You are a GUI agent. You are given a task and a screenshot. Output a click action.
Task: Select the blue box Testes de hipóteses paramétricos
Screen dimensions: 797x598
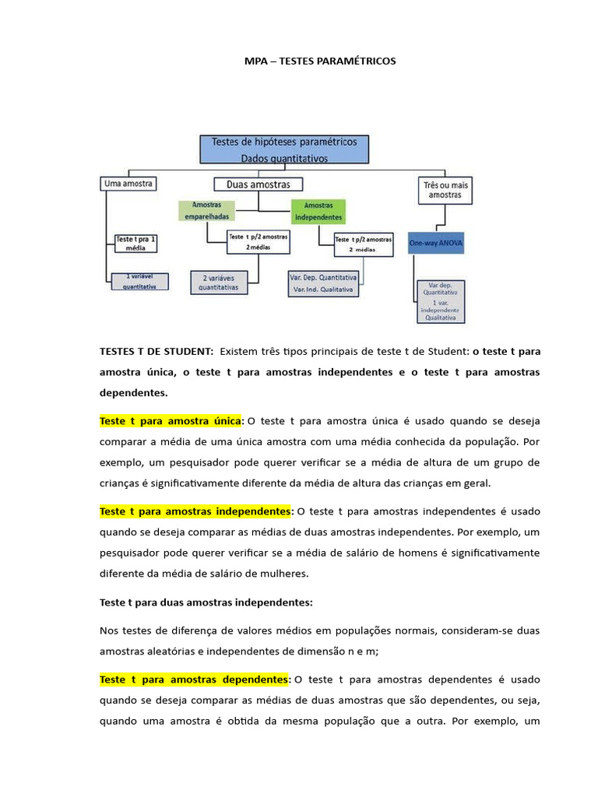click(x=283, y=149)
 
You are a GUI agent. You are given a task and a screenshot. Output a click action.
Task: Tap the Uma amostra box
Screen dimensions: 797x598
click(x=128, y=184)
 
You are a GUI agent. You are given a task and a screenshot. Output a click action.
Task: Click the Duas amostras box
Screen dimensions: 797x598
click(x=258, y=184)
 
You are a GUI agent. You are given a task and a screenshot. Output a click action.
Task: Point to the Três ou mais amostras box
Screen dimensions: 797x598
click(x=444, y=189)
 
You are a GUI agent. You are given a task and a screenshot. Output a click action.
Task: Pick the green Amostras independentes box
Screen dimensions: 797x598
click(x=317, y=212)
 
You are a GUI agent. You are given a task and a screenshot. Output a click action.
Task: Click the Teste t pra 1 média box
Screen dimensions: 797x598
click(x=135, y=243)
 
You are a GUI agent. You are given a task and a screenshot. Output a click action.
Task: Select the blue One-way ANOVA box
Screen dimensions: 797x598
click(x=436, y=244)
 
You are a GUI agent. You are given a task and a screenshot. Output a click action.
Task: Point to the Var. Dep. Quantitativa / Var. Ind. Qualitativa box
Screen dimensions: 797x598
click(x=323, y=283)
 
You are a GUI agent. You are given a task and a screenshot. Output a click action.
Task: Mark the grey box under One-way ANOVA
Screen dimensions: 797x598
click(x=440, y=301)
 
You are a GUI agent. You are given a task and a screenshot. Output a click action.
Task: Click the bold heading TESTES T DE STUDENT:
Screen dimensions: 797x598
click(x=157, y=352)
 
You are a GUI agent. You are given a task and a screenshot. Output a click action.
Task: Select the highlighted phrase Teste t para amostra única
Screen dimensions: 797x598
click(x=171, y=421)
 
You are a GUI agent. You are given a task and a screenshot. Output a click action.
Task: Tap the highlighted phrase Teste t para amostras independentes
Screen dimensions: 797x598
click(x=195, y=512)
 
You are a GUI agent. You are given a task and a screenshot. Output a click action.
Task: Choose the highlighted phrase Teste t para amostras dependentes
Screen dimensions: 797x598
click(x=193, y=679)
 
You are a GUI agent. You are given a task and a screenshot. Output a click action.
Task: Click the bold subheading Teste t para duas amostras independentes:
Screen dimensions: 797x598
click(x=206, y=602)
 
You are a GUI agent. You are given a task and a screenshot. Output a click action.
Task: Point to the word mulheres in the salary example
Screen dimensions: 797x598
click(x=287, y=574)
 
